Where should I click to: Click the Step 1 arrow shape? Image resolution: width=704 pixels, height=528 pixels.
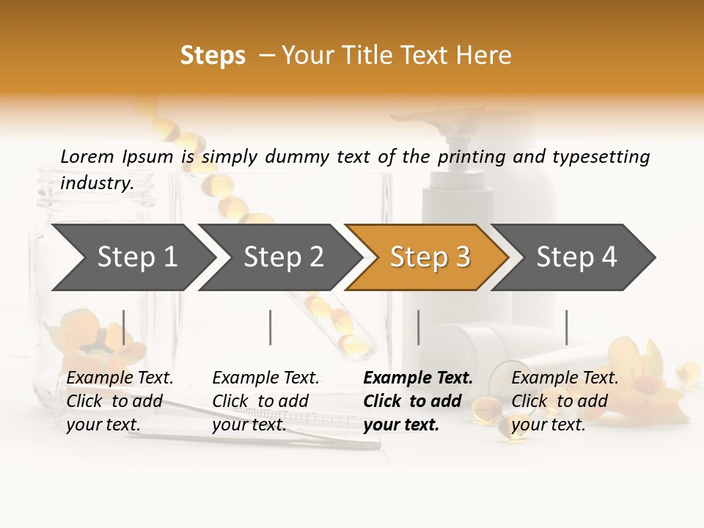click(132, 257)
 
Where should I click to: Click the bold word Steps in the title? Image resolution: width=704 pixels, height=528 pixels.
click(213, 56)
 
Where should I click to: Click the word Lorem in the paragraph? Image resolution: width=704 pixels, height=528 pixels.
click(87, 156)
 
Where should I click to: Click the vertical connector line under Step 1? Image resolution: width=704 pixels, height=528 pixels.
click(124, 327)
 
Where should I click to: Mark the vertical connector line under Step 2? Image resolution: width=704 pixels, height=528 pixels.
click(271, 327)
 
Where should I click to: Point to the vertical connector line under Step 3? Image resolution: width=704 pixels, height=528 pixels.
click(419, 327)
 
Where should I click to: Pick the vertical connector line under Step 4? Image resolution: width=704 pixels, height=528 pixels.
click(567, 327)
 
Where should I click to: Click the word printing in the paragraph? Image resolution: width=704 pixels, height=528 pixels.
click(469, 157)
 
